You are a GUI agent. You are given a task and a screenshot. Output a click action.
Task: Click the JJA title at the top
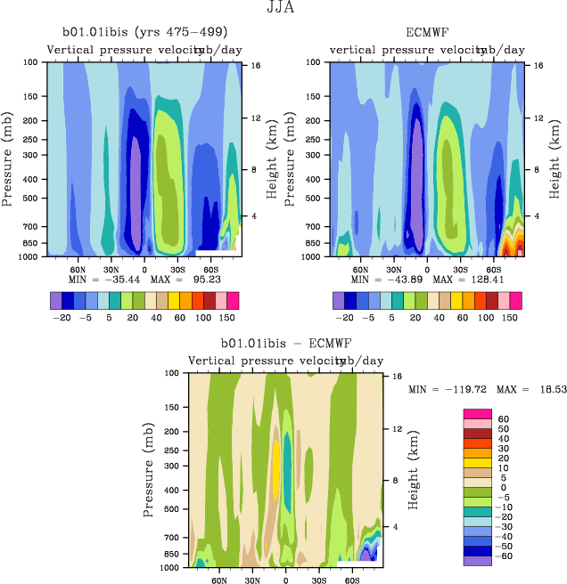283,9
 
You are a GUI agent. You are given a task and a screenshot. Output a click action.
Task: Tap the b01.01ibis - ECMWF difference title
285,342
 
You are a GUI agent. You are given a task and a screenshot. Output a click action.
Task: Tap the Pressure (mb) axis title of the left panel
8,158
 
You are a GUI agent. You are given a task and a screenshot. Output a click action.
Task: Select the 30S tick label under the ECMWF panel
459,267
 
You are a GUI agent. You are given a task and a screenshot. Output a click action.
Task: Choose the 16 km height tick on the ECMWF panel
538,66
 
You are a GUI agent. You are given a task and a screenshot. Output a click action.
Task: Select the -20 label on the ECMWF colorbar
342,316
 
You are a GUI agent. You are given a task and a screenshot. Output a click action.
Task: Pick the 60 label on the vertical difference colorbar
503,418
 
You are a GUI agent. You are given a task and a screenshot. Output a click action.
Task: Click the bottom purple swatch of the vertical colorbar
477,561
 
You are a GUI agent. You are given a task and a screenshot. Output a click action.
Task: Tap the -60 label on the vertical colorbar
505,556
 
